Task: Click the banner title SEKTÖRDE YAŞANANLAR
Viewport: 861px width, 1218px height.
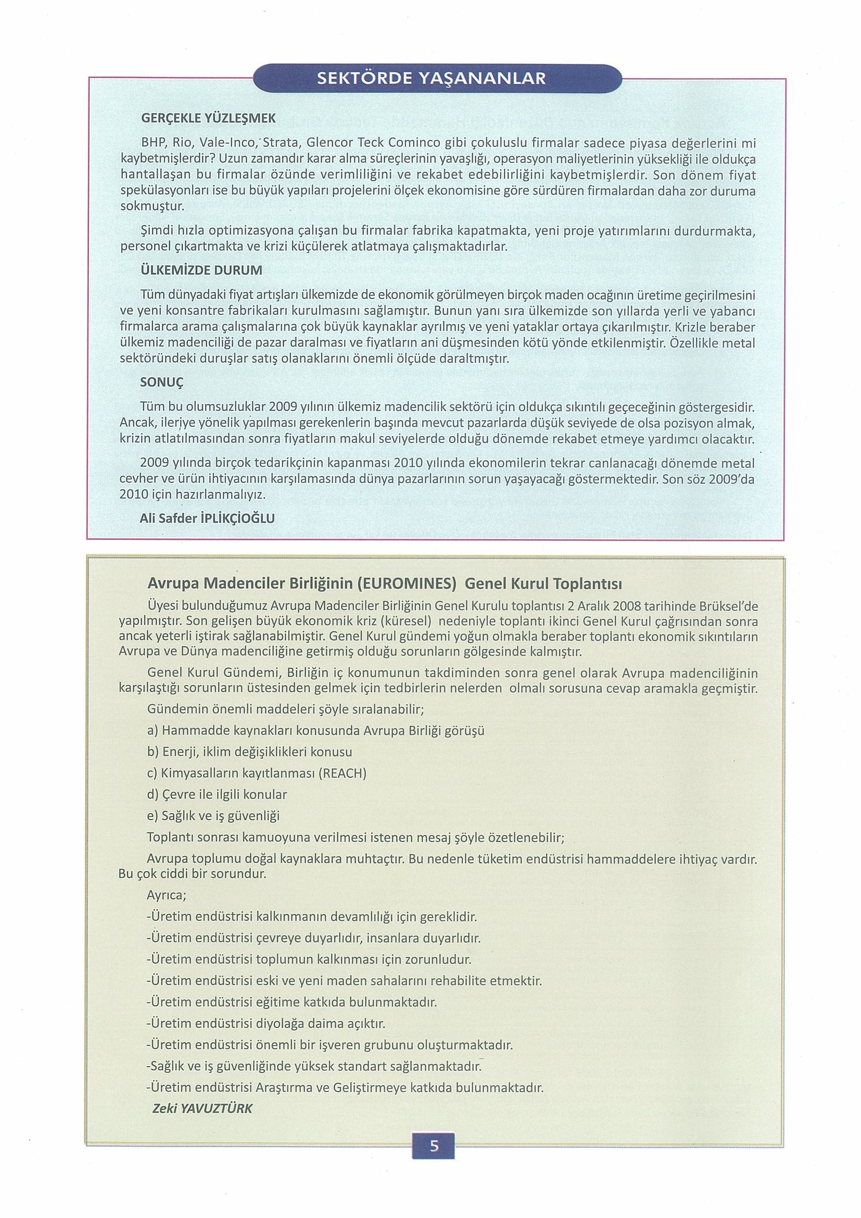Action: click(x=431, y=79)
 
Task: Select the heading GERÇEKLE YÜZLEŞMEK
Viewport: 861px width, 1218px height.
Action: click(x=208, y=118)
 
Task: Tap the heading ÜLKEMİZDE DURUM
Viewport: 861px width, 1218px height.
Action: click(x=201, y=270)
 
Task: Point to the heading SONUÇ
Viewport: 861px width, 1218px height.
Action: click(x=161, y=382)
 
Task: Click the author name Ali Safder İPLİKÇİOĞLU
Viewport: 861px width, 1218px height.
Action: click(x=207, y=518)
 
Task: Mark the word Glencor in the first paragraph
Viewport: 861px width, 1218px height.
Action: click(x=329, y=143)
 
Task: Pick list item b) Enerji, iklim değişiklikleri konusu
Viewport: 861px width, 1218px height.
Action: click(x=249, y=752)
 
